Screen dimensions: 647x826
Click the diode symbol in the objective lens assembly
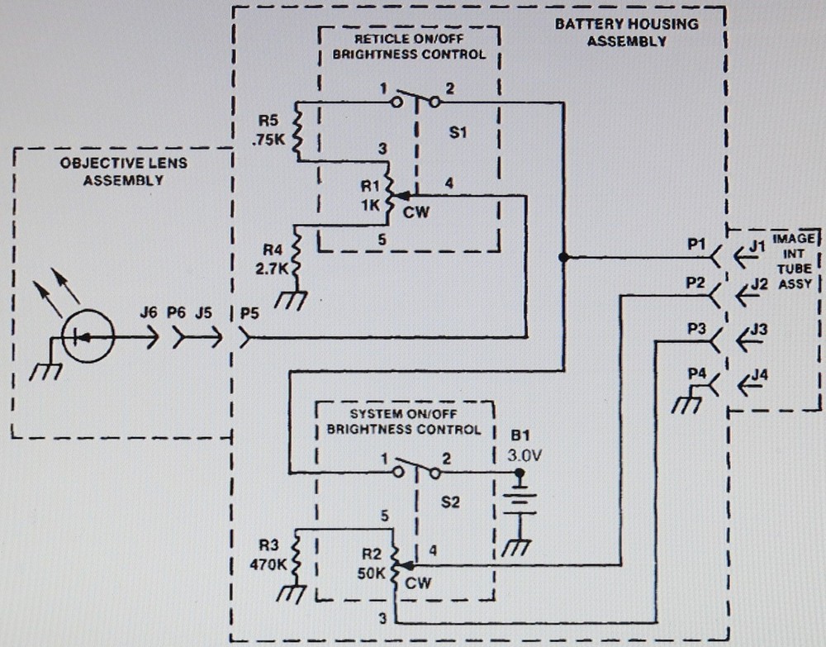(88, 336)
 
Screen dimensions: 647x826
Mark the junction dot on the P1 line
(563, 257)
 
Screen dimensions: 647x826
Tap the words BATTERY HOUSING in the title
(625, 23)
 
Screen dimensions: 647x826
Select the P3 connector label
(695, 328)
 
